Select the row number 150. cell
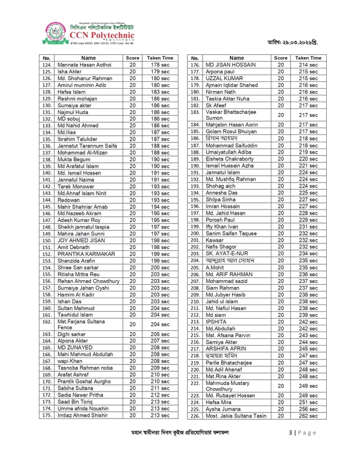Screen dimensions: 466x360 pyautogui.click(x=47, y=240)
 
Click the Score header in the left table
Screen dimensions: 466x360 pyautogui.click(x=133, y=58)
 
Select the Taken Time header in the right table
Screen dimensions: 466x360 pyautogui.click(x=308, y=58)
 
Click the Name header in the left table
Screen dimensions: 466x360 pyautogui.click(x=89, y=58)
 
